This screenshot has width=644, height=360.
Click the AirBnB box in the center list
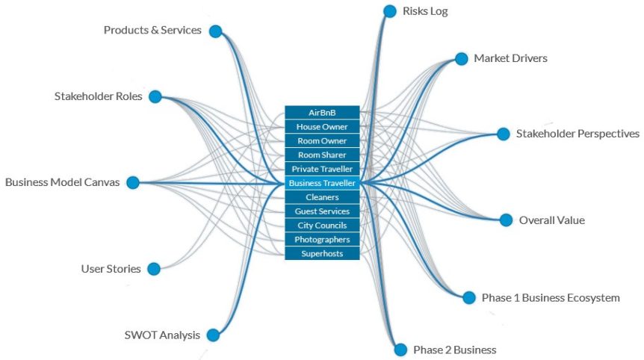click(x=322, y=113)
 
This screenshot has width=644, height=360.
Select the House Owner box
click(x=322, y=127)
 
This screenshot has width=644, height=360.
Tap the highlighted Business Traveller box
click(x=322, y=183)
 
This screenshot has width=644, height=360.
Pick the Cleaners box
click(x=322, y=197)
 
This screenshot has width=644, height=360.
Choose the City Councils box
click(x=322, y=226)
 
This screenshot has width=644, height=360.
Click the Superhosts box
click(x=322, y=254)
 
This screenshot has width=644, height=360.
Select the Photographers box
click(x=322, y=240)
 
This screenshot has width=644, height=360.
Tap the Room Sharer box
click(x=322, y=155)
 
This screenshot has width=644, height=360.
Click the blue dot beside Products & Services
click(x=215, y=31)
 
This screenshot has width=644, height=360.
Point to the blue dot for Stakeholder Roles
click(x=155, y=96)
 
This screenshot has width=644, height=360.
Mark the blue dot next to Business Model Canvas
click(x=133, y=182)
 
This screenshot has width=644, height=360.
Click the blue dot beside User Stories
click(x=154, y=269)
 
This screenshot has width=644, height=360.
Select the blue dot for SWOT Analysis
click(x=213, y=335)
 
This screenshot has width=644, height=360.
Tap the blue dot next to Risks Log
click(x=389, y=11)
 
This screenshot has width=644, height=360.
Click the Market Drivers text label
click(x=510, y=58)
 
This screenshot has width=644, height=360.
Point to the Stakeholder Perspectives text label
click(x=578, y=134)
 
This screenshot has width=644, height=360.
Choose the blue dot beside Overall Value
click(x=506, y=220)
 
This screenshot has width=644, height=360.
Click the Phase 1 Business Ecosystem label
click(x=551, y=298)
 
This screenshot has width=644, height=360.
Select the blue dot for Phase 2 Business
click(x=400, y=350)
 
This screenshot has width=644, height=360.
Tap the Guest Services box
click(x=322, y=211)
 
